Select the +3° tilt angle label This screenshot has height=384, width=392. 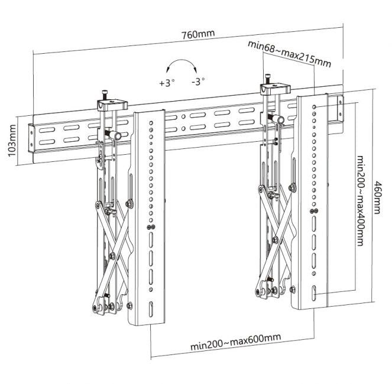[x=167, y=83]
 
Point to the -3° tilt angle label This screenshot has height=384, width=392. [x=198, y=82]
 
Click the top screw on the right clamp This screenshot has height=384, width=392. [x=268, y=78]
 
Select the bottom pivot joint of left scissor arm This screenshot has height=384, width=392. [x=98, y=307]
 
